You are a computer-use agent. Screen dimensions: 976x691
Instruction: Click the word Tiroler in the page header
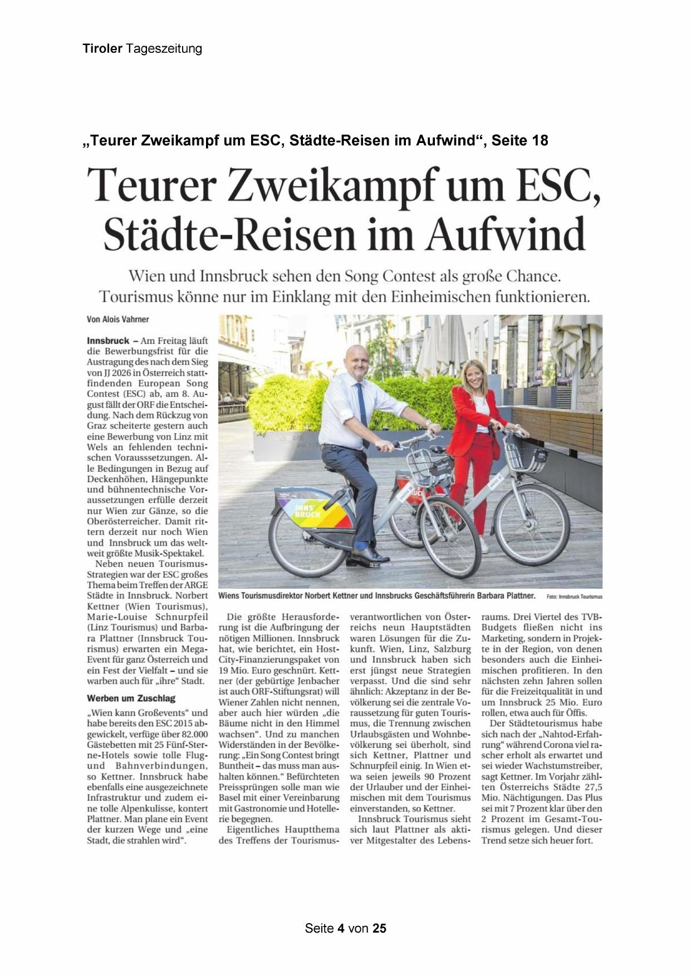tap(102, 48)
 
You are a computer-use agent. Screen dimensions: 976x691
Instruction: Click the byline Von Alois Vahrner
tap(118, 319)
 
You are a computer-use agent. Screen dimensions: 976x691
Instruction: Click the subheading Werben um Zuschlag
tap(131, 698)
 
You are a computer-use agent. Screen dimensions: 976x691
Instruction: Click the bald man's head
tap(356, 360)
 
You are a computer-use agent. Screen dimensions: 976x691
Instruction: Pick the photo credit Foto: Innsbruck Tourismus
tap(574, 597)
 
